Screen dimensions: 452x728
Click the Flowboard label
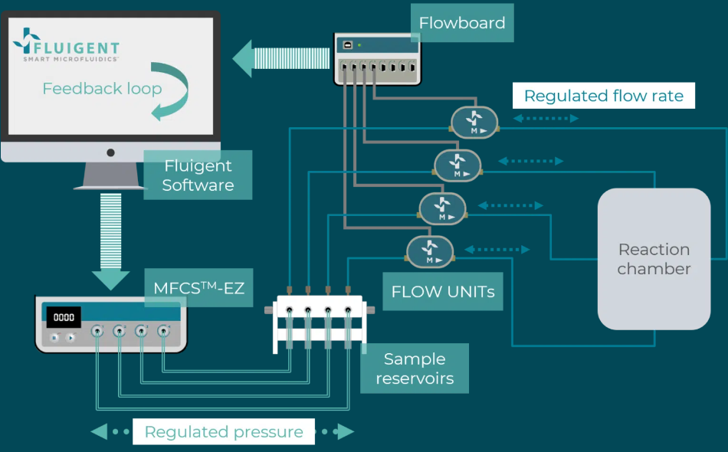(462, 23)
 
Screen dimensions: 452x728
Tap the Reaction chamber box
(654, 259)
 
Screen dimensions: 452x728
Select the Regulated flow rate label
(603, 96)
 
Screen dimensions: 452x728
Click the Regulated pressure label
(224, 432)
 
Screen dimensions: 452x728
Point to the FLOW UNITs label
(442, 292)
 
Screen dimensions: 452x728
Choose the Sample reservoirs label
(415, 368)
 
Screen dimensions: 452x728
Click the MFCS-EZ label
(198, 288)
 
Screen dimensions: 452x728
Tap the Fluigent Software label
(198, 175)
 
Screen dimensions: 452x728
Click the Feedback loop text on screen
(102, 89)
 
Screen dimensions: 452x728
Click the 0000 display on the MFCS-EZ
(64, 317)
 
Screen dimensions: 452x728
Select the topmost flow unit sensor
(474, 122)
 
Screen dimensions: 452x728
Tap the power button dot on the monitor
(110, 152)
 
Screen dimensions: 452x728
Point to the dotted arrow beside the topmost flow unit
(546, 119)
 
